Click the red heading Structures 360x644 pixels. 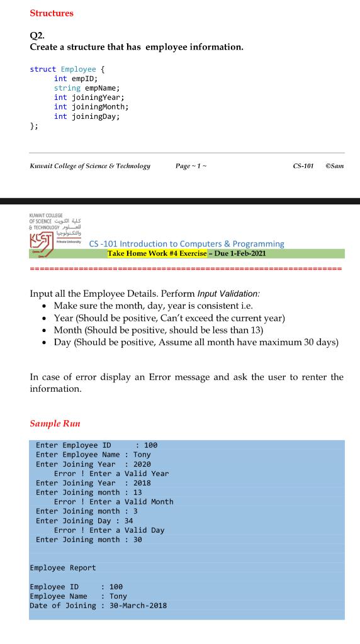pos(52,13)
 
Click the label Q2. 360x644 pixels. pos(37,36)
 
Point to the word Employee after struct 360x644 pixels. pos(79,69)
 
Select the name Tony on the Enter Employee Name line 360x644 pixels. pos(142,454)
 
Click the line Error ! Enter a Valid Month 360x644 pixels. pos(113,501)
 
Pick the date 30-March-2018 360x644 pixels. pos(138,606)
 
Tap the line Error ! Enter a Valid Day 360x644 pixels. pos(109,530)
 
